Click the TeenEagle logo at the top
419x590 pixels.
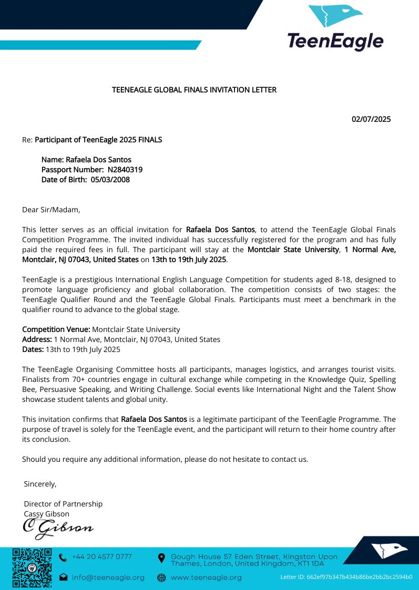[335, 27]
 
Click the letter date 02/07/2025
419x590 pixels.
[371, 119]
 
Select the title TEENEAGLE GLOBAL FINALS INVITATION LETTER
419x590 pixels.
[194, 90]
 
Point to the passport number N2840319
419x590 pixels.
[125, 170]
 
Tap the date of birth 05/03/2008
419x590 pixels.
[110, 180]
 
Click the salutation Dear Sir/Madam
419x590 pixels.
[51, 210]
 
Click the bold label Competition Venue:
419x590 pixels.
[56, 329]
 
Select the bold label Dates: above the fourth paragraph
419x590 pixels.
[33, 349]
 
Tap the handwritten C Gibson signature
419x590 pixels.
[58, 527]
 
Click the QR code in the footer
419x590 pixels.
[32, 567]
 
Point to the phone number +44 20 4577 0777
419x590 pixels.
[102, 557]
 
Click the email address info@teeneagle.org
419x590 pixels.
[108, 577]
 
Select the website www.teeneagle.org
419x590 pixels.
[206, 577]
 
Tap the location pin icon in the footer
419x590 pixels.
[161, 557]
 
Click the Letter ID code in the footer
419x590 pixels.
[346, 577]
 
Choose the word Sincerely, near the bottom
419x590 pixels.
[40, 483]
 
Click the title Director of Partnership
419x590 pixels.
[63, 504]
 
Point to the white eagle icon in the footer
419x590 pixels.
[389, 551]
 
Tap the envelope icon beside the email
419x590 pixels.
[63, 577]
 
